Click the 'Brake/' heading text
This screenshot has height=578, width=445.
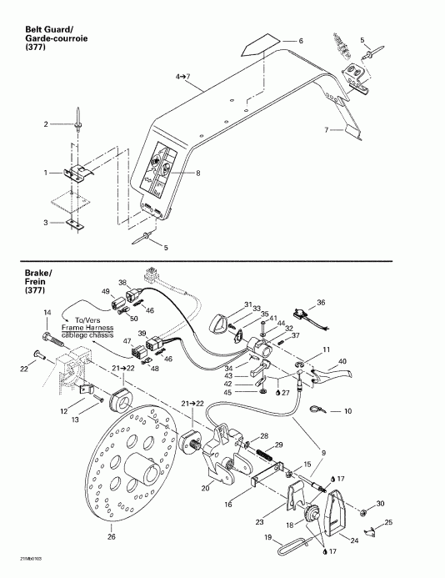[17, 272]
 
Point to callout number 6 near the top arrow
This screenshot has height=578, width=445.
[301, 41]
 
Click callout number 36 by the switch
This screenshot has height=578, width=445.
[322, 302]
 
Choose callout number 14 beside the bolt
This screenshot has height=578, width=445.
[47, 312]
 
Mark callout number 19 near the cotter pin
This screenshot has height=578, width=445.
[267, 540]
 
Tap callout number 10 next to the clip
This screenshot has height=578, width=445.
[348, 411]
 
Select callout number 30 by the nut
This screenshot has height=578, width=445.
[380, 503]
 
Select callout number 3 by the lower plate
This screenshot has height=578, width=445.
[47, 223]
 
